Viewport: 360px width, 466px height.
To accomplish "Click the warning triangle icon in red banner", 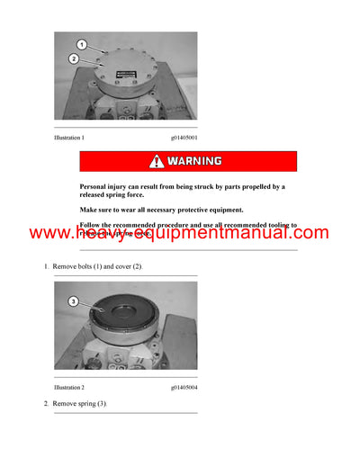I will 158,162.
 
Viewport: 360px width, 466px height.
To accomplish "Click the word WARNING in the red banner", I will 194,162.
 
